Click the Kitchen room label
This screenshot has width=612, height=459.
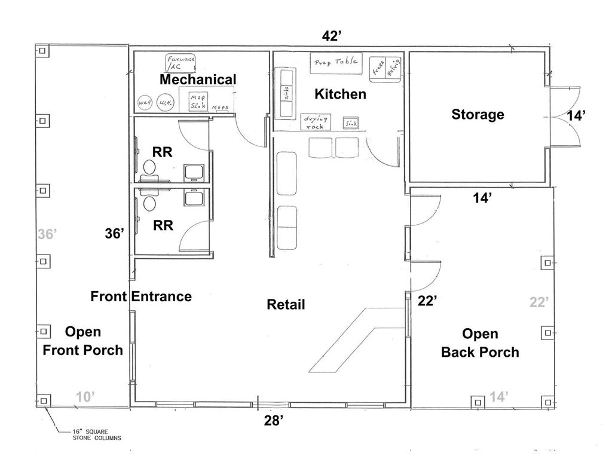click(x=340, y=94)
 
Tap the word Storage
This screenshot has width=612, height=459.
click(x=478, y=114)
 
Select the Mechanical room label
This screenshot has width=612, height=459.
click(x=198, y=79)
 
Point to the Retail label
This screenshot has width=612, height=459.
click(x=286, y=305)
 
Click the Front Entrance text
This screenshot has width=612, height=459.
click(x=141, y=296)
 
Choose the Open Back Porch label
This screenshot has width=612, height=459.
click(x=480, y=343)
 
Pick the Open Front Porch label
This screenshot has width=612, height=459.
click(x=82, y=341)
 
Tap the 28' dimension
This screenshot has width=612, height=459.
click(x=273, y=421)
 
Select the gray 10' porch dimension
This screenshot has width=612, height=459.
click(x=85, y=396)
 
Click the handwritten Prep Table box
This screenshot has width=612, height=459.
click(x=335, y=62)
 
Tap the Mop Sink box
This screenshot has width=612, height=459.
click(x=197, y=102)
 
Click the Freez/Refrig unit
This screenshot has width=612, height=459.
click(x=386, y=71)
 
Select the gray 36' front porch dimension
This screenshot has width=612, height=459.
click(x=47, y=235)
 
